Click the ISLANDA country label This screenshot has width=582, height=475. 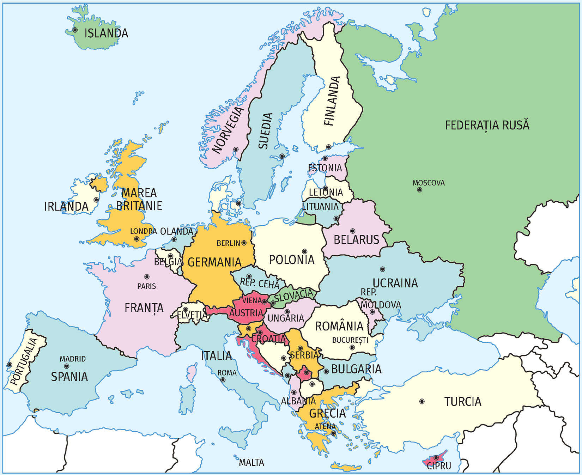[106, 34]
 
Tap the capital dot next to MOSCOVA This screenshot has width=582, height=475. [419, 190]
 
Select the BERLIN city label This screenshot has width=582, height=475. [228, 243]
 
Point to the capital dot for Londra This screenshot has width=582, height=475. [137, 239]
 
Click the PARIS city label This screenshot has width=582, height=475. [146, 286]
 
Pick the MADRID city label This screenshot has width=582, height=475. [73, 359]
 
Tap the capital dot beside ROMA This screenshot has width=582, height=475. [223, 380]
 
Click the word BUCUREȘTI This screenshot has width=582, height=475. [350, 340]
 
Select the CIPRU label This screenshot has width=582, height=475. [439, 466]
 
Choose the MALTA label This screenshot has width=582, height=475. [251, 462]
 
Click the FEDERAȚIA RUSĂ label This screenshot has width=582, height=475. [487, 125]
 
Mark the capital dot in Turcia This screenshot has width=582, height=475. [422, 401]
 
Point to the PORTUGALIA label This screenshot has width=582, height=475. [24, 361]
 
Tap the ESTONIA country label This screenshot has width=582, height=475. [325, 168]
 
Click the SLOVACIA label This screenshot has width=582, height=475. [293, 296]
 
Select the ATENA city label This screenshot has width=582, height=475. [325, 426]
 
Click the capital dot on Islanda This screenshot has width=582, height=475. [75, 30]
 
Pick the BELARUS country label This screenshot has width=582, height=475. [356, 240]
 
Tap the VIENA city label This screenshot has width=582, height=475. [252, 300]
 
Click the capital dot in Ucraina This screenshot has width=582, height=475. [382, 269]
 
